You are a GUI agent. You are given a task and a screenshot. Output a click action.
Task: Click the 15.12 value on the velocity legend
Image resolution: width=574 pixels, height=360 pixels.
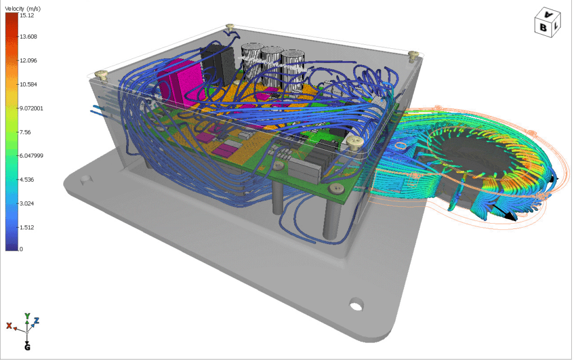27,15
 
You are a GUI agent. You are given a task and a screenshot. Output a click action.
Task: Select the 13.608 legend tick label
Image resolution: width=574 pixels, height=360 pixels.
28,36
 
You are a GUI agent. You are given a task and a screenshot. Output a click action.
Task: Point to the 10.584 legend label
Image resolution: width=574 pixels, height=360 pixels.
28,84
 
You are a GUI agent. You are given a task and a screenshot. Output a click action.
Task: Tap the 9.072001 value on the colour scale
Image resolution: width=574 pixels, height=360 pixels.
31,108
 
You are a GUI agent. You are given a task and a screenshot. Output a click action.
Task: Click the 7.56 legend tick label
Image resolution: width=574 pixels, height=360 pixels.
25,132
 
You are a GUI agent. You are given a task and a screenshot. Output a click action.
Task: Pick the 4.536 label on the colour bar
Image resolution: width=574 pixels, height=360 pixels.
27,179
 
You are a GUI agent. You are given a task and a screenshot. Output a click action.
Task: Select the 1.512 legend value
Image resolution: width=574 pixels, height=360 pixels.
27,227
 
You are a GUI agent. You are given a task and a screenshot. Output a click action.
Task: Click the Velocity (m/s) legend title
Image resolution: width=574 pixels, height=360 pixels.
22,8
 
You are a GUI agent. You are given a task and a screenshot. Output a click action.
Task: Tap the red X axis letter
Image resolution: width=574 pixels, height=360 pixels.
9,326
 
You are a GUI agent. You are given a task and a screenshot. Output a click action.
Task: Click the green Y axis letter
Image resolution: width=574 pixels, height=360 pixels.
27,316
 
